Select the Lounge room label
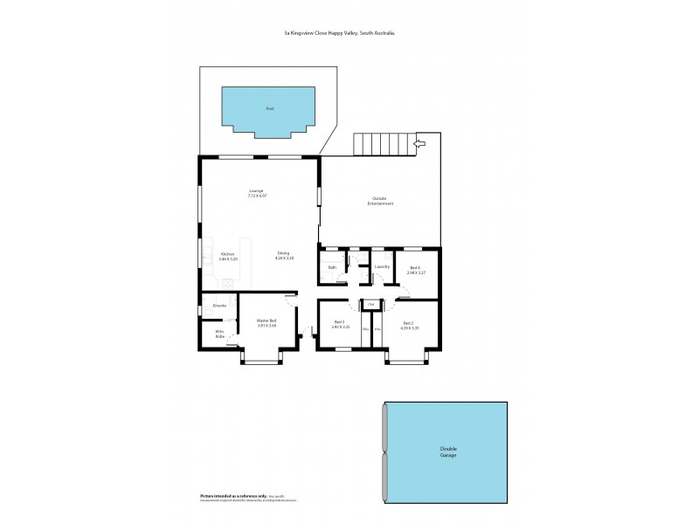tap(256, 190)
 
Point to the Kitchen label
tap(227, 254)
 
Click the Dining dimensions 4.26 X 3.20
tap(284, 259)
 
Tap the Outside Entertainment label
tap(381, 201)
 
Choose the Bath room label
tap(332, 266)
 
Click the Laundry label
tap(381, 266)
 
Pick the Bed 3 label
tap(340, 322)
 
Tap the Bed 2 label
tap(408, 322)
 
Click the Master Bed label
tap(266, 321)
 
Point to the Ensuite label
tap(219, 306)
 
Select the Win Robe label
tap(219, 334)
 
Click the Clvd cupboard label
tap(371, 304)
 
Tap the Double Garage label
tap(447, 452)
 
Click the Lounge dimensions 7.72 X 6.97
tap(256, 196)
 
